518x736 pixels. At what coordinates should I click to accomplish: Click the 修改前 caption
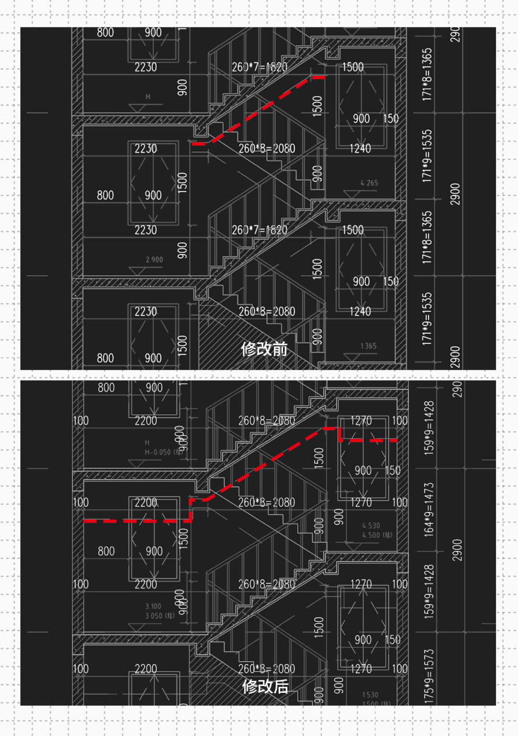point(264,349)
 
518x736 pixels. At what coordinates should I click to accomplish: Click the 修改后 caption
point(265,686)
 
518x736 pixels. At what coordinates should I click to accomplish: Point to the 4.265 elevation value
point(369,183)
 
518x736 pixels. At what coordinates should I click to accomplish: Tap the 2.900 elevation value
point(154,259)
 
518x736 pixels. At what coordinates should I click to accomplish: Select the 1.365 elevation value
point(368,346)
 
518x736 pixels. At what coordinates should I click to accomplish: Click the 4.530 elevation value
point(371,526)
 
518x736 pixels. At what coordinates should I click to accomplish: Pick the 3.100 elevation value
point(153,606)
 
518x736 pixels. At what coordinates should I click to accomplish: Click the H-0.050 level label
point(158,452)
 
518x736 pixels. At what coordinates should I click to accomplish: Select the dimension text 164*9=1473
point(429,509)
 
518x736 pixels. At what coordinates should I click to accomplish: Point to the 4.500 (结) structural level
point(377,535)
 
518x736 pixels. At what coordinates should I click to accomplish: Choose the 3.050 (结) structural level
point(160,616)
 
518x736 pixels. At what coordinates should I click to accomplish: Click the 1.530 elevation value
point(370,694)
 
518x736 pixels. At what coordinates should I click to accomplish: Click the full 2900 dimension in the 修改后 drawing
point(457,550)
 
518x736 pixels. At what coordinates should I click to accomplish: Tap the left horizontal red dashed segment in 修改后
point(137,521)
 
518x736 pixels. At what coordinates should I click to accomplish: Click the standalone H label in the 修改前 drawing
point(148,96)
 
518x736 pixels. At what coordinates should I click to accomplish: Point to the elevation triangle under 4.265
point(352,194)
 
